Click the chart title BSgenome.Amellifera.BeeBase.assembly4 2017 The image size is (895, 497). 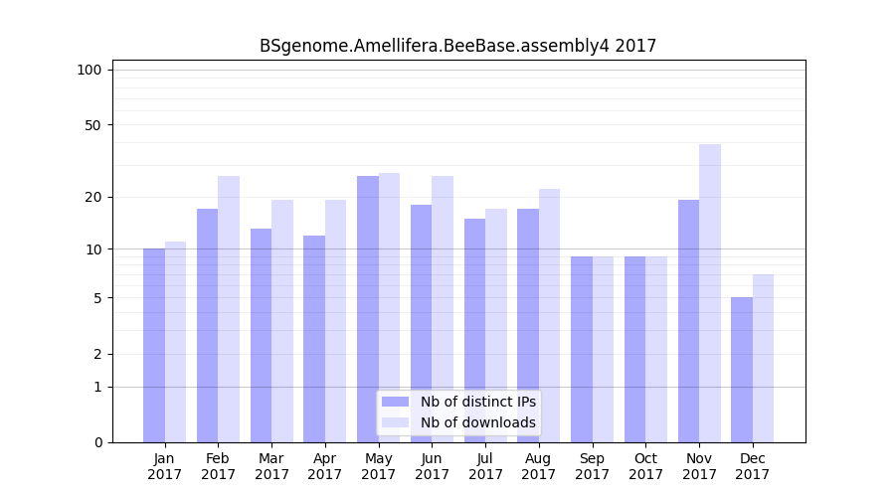coord(457,46)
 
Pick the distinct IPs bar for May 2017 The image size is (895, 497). coord(368,309)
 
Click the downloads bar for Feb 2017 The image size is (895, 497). coord(229,309)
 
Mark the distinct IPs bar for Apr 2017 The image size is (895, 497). coord(314,339)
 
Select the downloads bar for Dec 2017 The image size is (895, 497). coord(763,358)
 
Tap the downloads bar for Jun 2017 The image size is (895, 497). coord(443,309)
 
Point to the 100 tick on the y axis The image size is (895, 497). coord(89,70)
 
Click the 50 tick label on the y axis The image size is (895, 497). coord(92,125)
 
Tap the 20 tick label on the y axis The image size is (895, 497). coord(92,197)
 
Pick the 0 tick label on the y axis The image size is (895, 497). coord(96,442)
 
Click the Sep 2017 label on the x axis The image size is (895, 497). coord(592,466)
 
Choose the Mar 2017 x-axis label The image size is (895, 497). coord(271,466)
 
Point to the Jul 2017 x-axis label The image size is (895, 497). coord(485,466)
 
